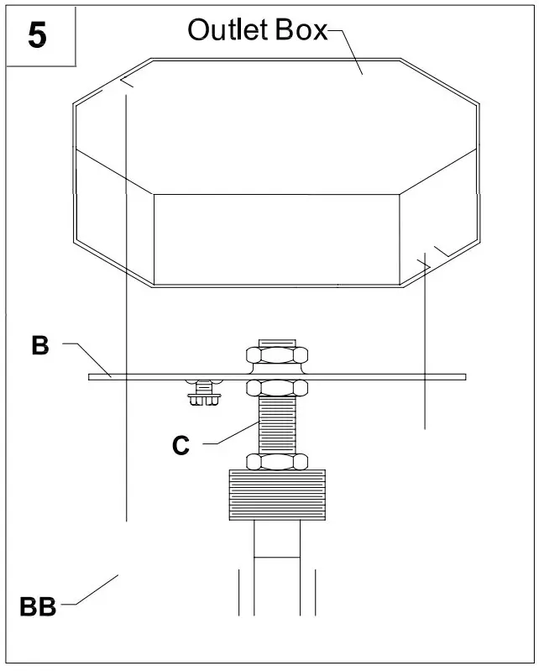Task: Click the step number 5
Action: [x=38, y=35]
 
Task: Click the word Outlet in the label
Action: [x=220, y=29]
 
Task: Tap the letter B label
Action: [x=39, y=346]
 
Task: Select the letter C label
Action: [x=181, y=446]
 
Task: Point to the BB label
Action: [x=38, y=607]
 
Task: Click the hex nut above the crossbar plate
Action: [x=275, y=355]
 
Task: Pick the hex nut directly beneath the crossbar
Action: [x=275, y=388]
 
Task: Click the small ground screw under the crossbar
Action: [x=203, y=393]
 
